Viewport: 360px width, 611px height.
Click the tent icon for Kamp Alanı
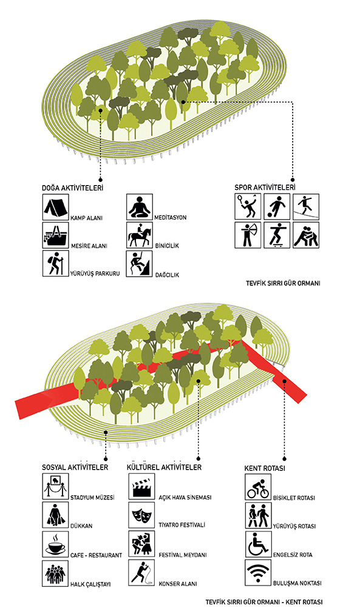(x=55, y=207)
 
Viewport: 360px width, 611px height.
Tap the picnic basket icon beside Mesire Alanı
(x=55, y=235)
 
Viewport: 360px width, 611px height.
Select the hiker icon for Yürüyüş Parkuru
(x=55, y=263)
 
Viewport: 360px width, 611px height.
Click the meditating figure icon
(x=140, y=207)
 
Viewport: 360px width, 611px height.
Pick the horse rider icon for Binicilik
(x=140, y=235)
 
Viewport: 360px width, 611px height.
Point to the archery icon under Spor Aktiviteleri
(x=248, y=235)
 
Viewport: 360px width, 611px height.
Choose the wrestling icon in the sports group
(x=306, y=235)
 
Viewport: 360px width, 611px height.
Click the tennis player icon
(x=248, y=206)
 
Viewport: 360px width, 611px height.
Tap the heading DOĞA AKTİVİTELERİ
(x=72, y=187)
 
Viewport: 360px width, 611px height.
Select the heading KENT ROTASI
(x=265, y=468)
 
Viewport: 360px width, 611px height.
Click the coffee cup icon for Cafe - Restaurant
(x=55, y=544)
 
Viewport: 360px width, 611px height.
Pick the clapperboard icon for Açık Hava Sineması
(x=141, y=486)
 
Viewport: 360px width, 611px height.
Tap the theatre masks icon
(x=141, y=515)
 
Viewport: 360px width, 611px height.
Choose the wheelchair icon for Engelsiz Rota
(x=258, y=544)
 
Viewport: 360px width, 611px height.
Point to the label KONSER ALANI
(x=177, y=584)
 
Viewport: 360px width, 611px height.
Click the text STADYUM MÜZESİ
(x=92, y=498)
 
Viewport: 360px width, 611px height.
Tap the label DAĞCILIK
(x=166, y=275)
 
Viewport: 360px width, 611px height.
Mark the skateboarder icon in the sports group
(x=277, y=235)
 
